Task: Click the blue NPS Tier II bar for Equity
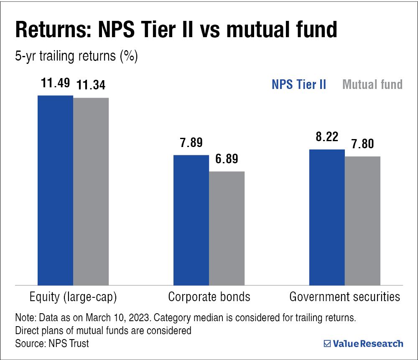click(x=56, y=190)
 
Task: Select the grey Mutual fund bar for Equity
click(x=91, y=191)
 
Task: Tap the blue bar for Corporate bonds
click(x=191, y=220)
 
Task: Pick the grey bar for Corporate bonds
click(x=227, y=228)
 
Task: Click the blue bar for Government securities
click(x=327, y=217)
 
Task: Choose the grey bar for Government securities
click(x=362, y=221)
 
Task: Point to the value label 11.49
click(x=55, y=83)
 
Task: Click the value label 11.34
click(x=90, y=85)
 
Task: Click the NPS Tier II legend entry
click(x=299, y=85)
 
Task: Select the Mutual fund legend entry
click(x=372, y=85)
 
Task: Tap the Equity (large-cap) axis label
click(x=73, y=297)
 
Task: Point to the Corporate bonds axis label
click(x=209, y=297)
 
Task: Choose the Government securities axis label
click(x=345, y=297)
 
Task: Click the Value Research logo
click(x=364, y=344)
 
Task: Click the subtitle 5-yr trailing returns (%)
click(x=76, y=57)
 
